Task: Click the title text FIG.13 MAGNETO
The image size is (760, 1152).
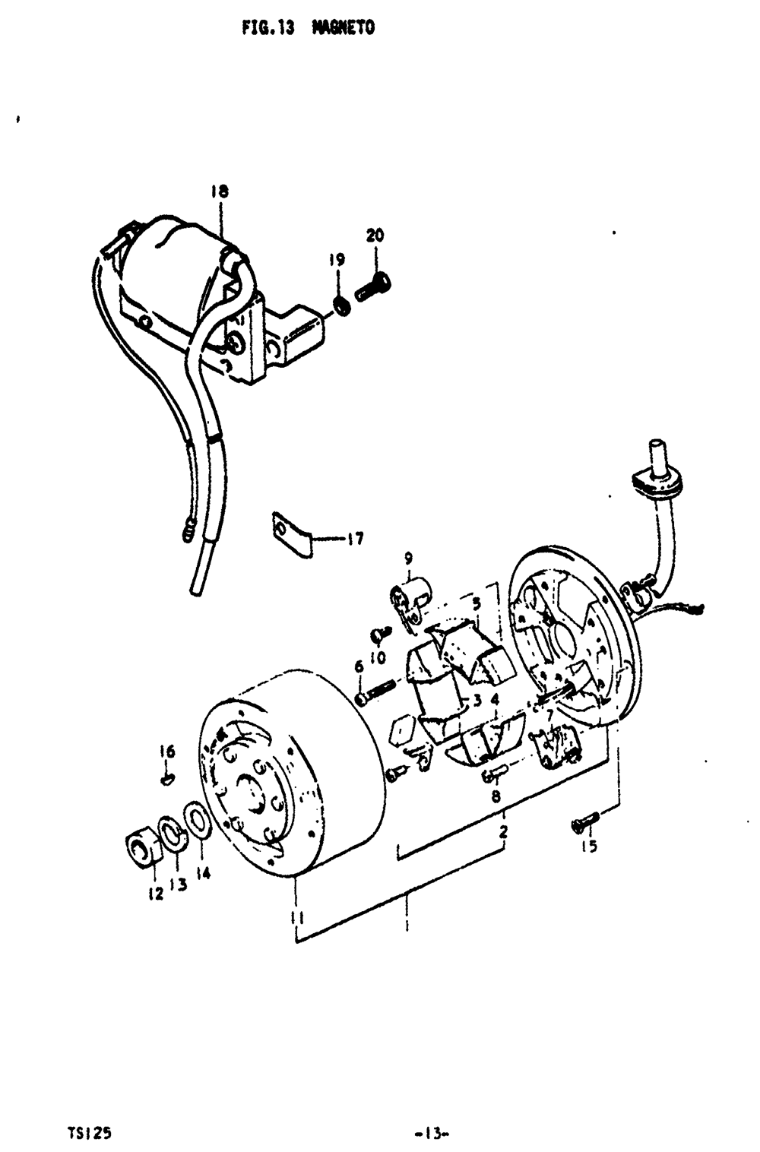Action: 309,29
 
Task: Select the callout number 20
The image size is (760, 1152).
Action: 375,236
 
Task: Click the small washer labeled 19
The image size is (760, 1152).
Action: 342,306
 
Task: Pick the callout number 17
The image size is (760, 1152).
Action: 354,540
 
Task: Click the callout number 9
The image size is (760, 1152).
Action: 408,559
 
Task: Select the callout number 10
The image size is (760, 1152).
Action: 378,657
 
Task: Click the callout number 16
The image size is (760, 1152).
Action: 167,752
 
